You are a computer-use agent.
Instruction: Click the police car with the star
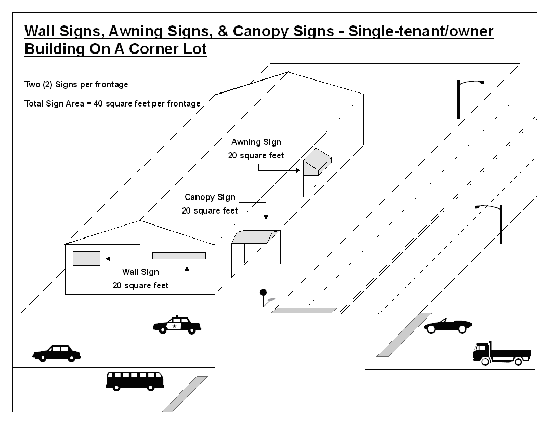tap(177, 325)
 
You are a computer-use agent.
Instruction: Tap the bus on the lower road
tap(135, 381)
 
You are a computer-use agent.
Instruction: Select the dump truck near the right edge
tap(502, 353)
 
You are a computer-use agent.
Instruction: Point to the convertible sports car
tap(448, 326)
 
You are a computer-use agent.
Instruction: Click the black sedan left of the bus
tap(56, 353)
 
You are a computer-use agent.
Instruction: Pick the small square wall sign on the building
tap(86, 259)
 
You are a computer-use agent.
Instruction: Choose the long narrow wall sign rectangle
tap(179, 256)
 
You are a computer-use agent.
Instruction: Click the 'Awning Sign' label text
tap(256, 142)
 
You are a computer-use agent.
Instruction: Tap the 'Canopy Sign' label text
tap(210, 197)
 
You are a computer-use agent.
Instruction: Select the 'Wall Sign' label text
tap(140, 272)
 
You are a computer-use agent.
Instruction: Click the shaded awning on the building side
tap(317, 161)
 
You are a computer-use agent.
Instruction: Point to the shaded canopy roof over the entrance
tap(256, 237)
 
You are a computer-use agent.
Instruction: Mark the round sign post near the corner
tap(263, 297)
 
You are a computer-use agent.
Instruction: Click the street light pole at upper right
tap(459, 100)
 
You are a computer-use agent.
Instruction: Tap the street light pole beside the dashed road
tap(500, 224)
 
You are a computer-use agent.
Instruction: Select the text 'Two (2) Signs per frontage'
tap(76, 84)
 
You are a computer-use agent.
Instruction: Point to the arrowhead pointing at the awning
tap(298, 171)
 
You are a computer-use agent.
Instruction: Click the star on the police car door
tap(174, 326)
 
